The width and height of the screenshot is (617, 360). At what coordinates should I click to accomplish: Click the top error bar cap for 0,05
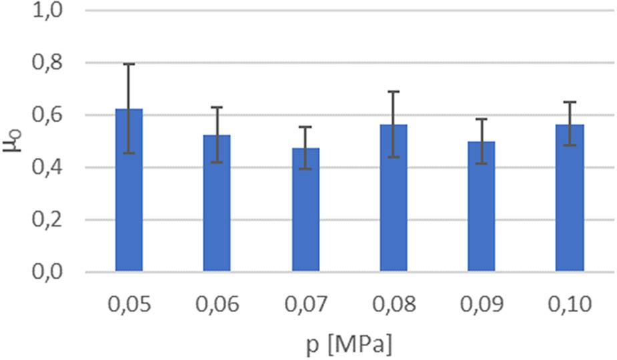click(x=129, y=64)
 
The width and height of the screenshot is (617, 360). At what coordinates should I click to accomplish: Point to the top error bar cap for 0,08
click(x=394, y=91)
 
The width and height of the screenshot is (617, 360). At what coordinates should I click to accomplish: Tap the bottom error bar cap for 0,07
click(x=305, y=169)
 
